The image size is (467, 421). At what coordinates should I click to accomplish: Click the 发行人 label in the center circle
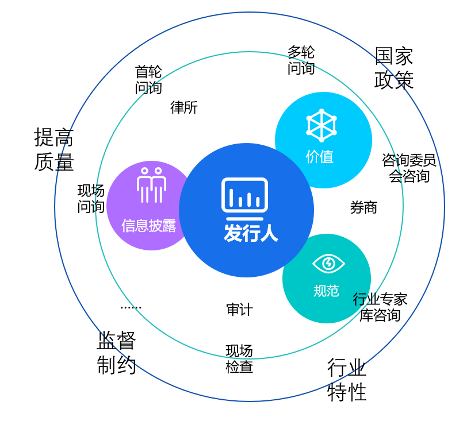pos(250,233)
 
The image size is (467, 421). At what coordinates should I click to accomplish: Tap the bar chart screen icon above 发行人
pos(245,196)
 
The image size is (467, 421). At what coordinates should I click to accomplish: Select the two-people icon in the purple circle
pos(151,184)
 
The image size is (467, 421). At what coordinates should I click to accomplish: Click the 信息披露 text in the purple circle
pos(149,225)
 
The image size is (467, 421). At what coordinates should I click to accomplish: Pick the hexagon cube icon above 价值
pos(321,125)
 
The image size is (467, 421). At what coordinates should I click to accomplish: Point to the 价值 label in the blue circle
pos(320,156)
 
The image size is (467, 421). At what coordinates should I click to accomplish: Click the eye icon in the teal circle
pos(328,264)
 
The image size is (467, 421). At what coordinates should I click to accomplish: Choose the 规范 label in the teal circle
pos(326,291)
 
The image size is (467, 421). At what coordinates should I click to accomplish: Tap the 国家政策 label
pos(394,68)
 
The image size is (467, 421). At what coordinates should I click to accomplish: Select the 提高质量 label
pos(54,149)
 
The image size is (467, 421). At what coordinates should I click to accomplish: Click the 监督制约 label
pos(116,353)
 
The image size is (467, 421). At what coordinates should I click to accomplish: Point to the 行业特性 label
pos(347,379)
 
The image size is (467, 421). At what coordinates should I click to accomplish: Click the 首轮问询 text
pos(148,79)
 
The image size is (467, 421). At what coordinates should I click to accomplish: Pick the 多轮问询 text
pos(301,60)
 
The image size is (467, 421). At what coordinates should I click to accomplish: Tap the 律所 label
pos(184,107)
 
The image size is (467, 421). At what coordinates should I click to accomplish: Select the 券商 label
pos(363,207)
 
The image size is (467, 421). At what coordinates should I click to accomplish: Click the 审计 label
pos(239,310)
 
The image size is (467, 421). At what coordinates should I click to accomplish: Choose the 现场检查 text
pos(239,358)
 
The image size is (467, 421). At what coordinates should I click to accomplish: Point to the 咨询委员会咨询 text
pos(409,168)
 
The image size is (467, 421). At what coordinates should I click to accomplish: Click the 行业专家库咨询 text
pos(380,307)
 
